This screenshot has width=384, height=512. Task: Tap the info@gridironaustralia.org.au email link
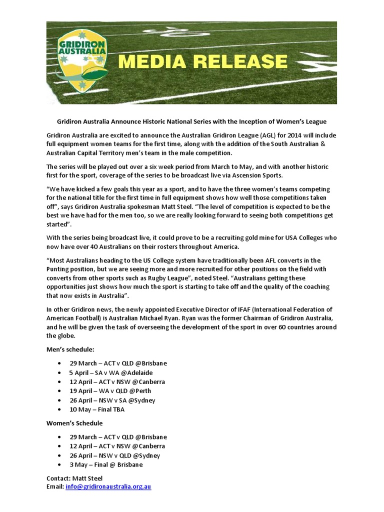(x=108, y=486)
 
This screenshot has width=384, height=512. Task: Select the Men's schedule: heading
(x=70, y=348)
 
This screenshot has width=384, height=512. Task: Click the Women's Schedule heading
(x=74, y=423)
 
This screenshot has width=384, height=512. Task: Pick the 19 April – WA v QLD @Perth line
(x=110, y=391)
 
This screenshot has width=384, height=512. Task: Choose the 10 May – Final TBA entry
(x=97, y=409)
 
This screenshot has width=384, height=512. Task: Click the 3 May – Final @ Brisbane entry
(x=106, y=464)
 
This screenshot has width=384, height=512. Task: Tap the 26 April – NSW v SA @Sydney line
(x=112, y=400)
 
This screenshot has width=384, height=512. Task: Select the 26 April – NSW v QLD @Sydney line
(x=115, y=455)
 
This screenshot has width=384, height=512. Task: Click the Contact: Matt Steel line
(x=74, y=478)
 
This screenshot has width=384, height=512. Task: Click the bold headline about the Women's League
(x=191, y=121)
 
